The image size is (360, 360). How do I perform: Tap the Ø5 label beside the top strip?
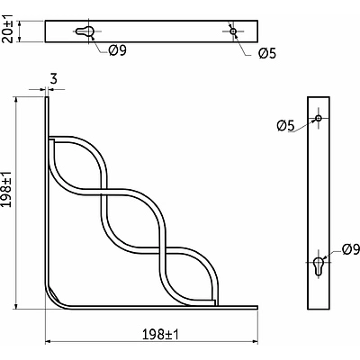point(266,53)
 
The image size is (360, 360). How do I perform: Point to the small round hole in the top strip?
point(233,31)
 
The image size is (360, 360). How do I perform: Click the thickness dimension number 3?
point(54,80)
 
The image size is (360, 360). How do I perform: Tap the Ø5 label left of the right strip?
point(285,125)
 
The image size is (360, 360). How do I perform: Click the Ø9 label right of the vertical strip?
point(349,248)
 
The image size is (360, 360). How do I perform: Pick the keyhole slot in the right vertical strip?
point(319,266)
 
